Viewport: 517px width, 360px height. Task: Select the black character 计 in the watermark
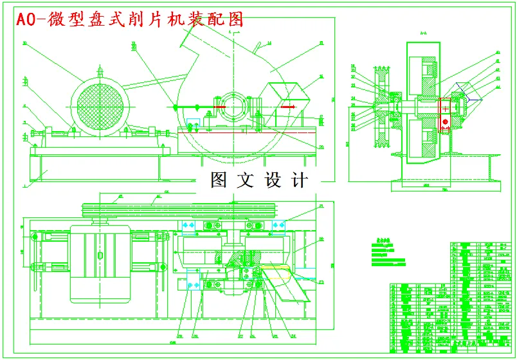(300, 180)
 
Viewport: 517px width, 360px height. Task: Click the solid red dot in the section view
(444, 122)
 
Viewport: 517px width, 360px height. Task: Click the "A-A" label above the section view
(423, 33)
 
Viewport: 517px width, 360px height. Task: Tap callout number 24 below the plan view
(293, 336)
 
